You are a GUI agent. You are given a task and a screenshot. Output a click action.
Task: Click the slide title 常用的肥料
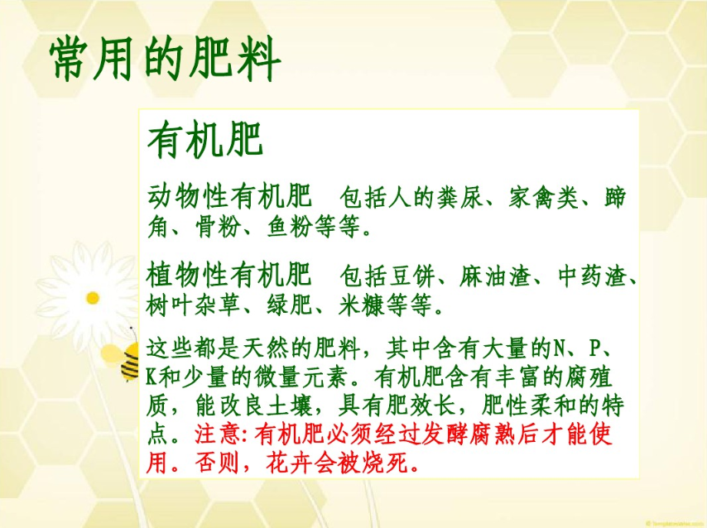click(165, 59)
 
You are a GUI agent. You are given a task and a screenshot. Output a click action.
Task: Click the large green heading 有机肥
click(205, 140)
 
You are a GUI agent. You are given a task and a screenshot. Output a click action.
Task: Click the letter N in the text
click(559, 348)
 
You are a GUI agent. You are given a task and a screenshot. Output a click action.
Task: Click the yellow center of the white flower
click(93, 298)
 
